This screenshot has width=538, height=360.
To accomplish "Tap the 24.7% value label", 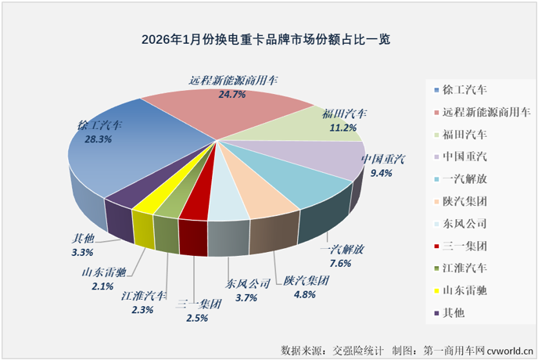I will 232,95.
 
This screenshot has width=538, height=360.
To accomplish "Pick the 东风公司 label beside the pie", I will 248,283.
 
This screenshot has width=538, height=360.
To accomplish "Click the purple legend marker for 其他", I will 435,313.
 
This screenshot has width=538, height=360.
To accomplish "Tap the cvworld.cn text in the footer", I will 508,348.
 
